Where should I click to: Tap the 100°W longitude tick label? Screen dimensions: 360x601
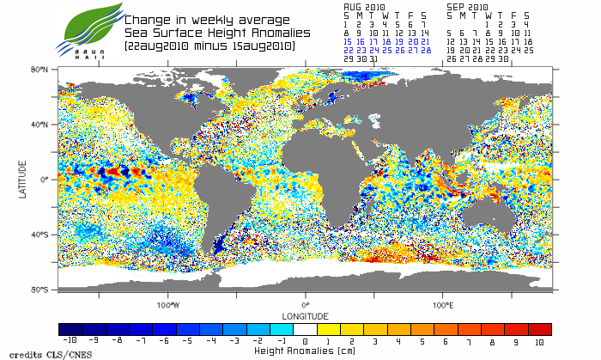pos(167,304)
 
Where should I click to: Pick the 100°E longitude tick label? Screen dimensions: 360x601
pos(443,304)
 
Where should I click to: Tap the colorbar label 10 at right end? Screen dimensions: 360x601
pos(539,342)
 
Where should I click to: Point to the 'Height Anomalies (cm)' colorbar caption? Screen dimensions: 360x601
pos(305,351)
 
